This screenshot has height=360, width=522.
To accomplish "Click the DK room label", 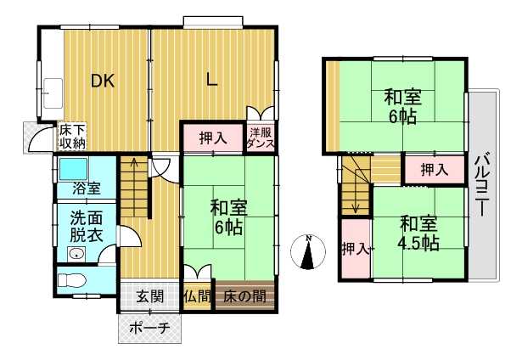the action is coord(104,81).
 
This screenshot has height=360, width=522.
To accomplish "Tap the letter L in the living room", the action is coord(211,80).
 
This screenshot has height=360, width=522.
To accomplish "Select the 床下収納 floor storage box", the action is coord(72,137).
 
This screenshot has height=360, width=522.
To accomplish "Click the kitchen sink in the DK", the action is coord(53,93).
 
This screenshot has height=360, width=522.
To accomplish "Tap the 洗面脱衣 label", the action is coord(87,227).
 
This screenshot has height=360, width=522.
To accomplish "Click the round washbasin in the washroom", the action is coord(77,255).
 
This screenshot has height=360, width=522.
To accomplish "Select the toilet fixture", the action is coord(71,280).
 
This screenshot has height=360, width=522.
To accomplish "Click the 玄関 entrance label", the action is coord(150,296).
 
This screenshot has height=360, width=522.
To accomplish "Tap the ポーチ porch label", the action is coord(149,329).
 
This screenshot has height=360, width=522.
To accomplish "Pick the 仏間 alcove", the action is coord(198,296).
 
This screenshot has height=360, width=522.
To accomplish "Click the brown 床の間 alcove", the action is coord(244,295).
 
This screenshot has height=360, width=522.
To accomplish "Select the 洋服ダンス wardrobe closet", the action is coord(261,138).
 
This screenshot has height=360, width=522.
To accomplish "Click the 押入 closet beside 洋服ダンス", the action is coord(213,138).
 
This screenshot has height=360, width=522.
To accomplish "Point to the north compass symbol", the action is coord(308,252).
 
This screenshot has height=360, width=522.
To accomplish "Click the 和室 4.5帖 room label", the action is coord(418,233).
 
